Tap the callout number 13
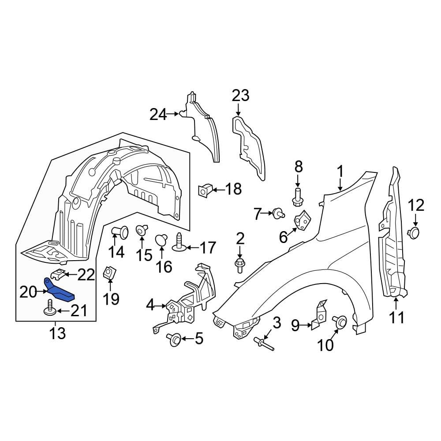[x=57, y=333]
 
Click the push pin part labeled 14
[x=120, y=232]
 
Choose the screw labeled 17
[x=179, y=242]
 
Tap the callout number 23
[x=240, y=96]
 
